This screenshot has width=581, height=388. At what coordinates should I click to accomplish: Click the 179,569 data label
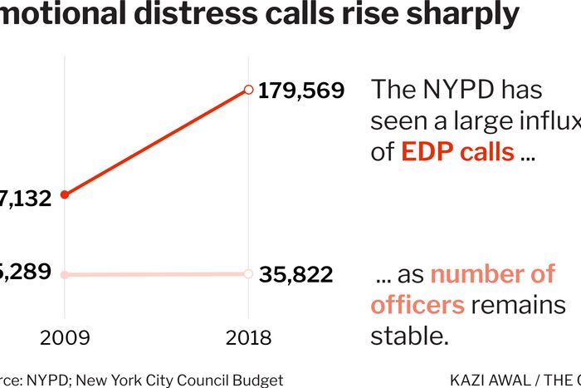coord(300,91)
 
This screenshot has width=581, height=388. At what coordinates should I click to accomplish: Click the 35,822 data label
coord(295,274)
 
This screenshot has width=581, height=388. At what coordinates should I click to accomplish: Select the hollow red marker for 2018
coord(247,89)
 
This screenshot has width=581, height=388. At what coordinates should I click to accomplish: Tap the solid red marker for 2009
coord(65,194)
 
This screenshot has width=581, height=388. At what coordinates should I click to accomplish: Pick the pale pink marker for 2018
coord(247,273)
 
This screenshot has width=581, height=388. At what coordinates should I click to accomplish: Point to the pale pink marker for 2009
coord(65,274)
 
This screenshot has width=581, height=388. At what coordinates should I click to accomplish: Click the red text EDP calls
coord(457,152)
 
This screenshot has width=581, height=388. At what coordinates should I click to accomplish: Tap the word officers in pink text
coord(417,305)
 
